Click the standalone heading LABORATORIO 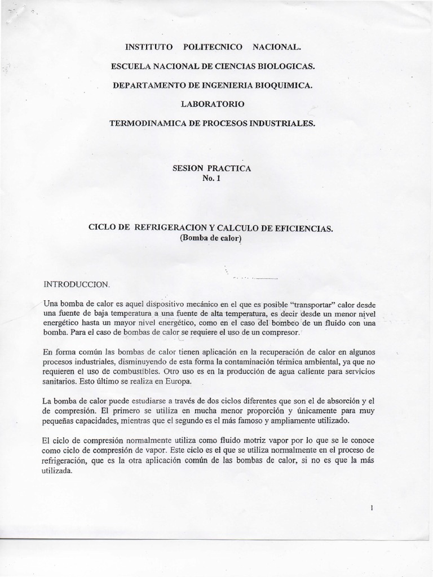point(213,104)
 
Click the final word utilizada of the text point(58,469)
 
